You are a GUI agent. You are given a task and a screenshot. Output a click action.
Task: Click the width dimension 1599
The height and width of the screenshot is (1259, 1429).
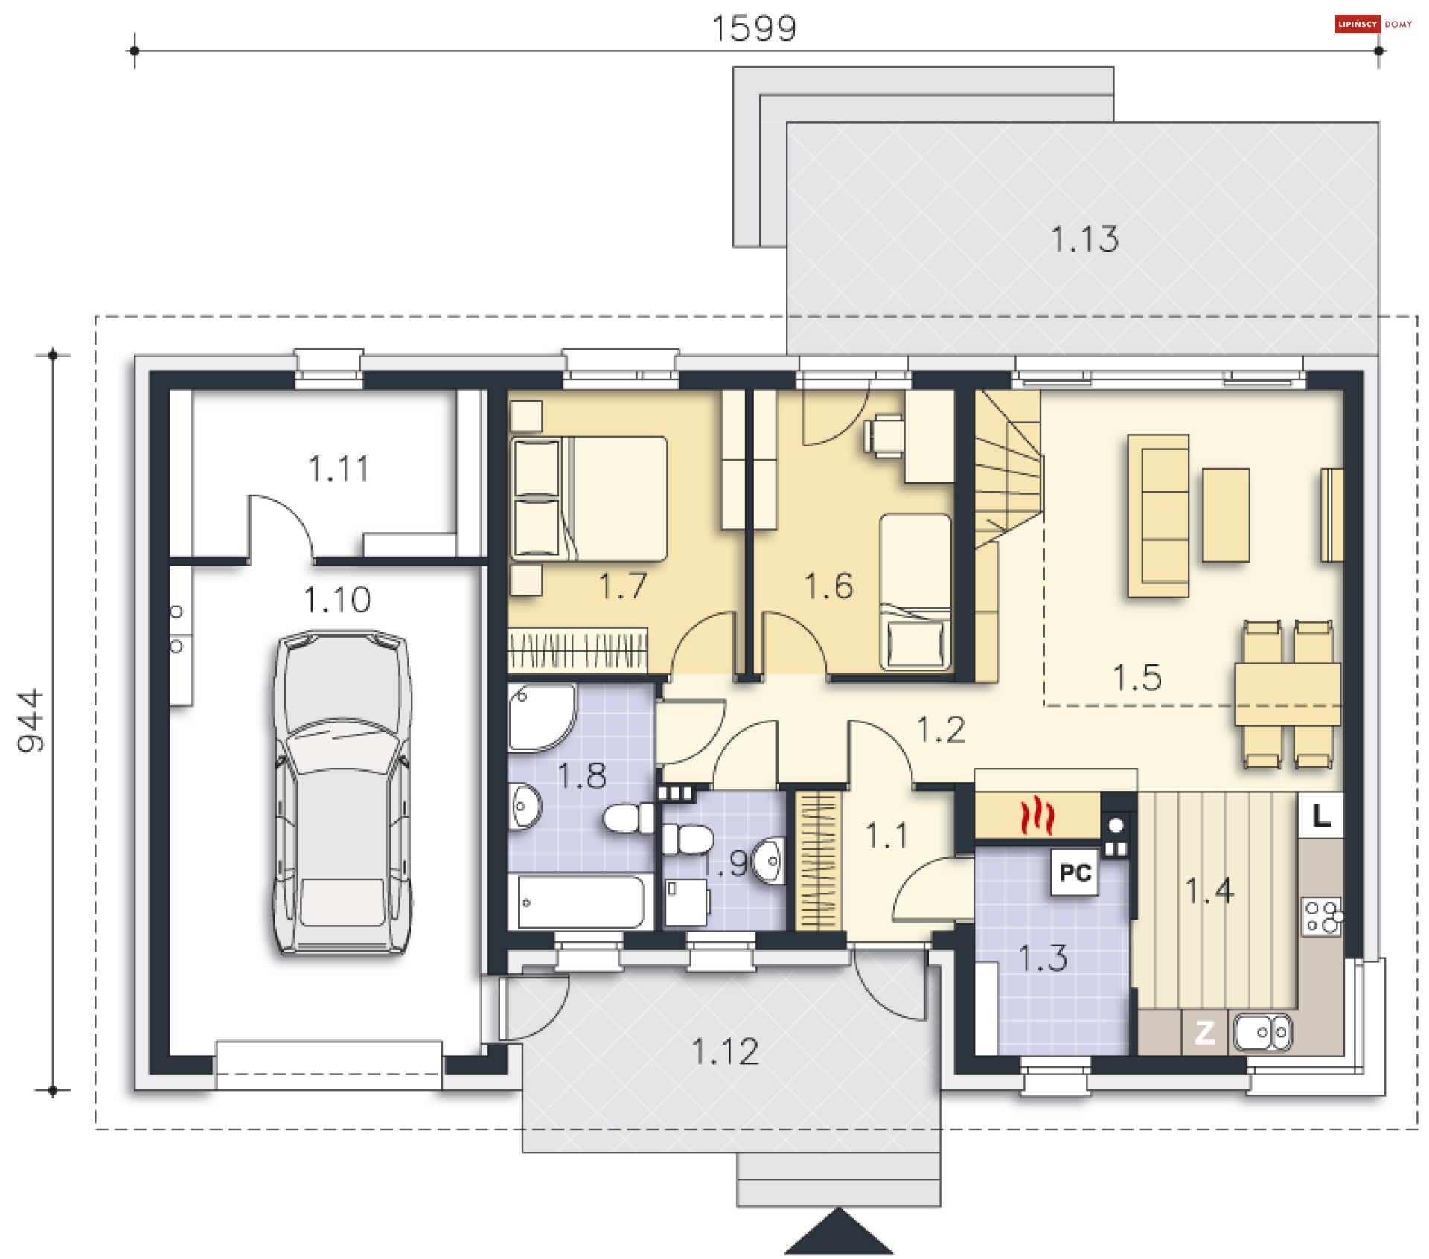pyautogui.click(x=755, y=29)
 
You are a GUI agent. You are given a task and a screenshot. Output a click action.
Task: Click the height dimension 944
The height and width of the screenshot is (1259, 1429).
pyautogui.click(x=31, y=720)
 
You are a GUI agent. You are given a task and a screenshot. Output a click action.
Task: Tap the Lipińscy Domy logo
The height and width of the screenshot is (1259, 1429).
pyautogui.click(x=1373, y=24)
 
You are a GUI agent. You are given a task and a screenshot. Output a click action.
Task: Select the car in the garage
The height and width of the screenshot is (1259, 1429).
pyautogui.click(x=342, y=792)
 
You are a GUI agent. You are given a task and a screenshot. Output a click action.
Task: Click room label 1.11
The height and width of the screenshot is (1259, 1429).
pyautogui.click(x=339, y=470)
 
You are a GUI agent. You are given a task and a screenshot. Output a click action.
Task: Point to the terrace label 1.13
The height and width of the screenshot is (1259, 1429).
pyautogui.click(x=1084, y=240)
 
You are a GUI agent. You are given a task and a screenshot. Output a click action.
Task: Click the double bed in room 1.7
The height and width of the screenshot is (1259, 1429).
pyautogui.click(x=589, y=498)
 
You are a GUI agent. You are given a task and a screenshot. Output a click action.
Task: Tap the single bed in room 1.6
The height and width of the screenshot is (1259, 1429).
pyautogui.click(x=915, y=592)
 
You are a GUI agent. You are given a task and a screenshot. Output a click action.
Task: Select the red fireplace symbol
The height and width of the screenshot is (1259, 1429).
pyautogui.click(x=1037, y=816)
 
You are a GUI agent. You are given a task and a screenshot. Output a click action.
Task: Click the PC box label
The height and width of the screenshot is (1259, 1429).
pyautogui.click(x=1075, y=872)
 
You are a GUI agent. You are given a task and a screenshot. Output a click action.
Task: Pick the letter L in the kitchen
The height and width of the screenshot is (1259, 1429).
pyautogui.click(x=1322, y=816)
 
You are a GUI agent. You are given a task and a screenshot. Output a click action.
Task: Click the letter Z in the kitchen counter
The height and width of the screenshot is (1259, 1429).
pyautogui.click(x=1204, y=1033)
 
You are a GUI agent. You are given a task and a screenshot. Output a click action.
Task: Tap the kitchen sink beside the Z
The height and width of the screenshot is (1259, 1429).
pyautogui.click(x=1262, y=1033)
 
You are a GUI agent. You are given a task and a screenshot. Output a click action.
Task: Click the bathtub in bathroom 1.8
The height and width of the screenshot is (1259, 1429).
pyautogui.click(x=581, y=902)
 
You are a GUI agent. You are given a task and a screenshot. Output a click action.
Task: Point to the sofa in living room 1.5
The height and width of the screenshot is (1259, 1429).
pyautogui.click(x=1158, y=516)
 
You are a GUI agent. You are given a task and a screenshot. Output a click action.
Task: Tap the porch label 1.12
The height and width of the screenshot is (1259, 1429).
pyautogui.click(x=726, y=1052)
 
